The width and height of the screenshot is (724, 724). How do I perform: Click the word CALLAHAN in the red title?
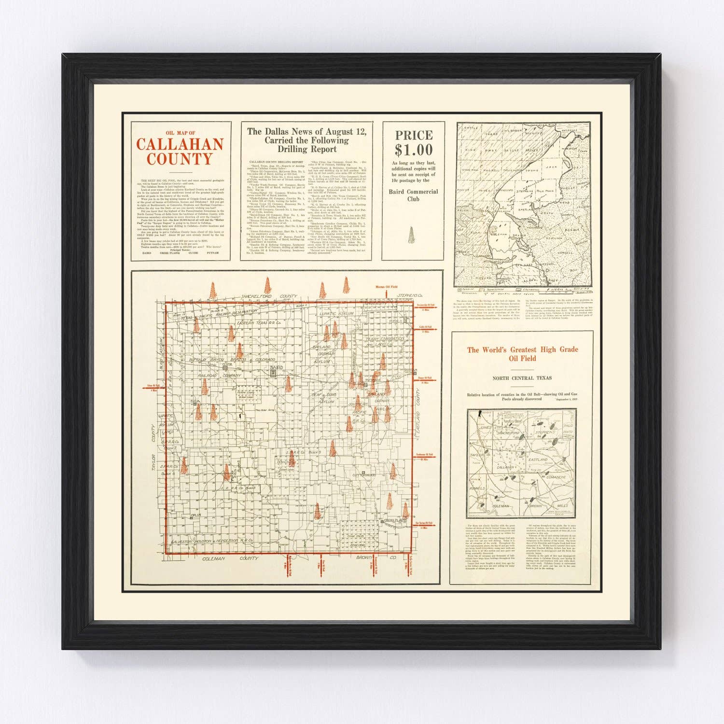(180, 144)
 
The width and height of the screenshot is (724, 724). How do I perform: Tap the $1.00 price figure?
(414, 150)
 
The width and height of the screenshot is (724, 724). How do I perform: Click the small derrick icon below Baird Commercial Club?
(412, 236)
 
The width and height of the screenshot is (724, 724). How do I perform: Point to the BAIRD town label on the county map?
(276, 368)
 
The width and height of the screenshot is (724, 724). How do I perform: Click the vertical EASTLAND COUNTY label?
(419, 415)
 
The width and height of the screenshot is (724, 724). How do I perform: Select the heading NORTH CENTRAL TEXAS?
(522, 378)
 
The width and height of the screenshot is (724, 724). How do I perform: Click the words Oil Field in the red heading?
(522, 359)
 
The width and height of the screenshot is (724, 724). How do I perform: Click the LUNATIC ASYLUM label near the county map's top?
(337, 314)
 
